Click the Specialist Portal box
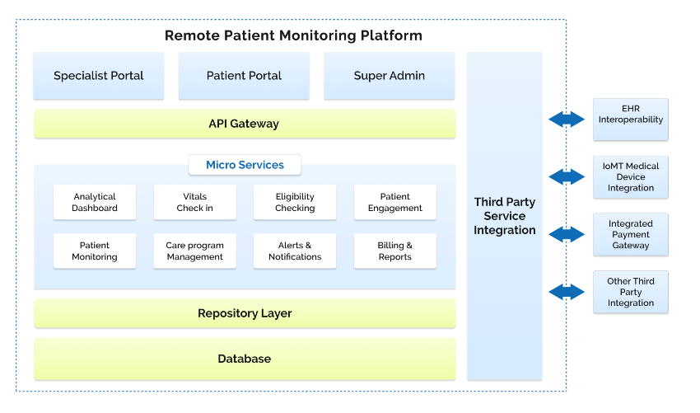[x=99, y=76]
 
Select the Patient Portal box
[x=244, y=76]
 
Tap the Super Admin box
[x=389, y=76]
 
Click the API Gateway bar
[x=244, y=124]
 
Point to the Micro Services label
[x=245, y=165]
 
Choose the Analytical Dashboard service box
[x=95, y=203]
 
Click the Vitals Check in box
[x=194, y=203]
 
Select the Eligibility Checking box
[x=295, y=203]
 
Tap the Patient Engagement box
[x=395, y=203]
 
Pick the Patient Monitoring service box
[x=95, y=251]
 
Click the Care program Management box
[x=194, y=251]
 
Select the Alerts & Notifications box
[x=295, y=251]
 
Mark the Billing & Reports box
[x=395, y=251]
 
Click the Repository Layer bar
[x=244, y=313]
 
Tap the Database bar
[x=244, y=359]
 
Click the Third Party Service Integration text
[x=505, y=216]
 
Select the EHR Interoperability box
[x=631, y=120]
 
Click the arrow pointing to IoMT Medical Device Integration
[x=567, y=176]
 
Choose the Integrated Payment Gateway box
[x=631, y=234]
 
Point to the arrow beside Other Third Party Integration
[x=567, y=292]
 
